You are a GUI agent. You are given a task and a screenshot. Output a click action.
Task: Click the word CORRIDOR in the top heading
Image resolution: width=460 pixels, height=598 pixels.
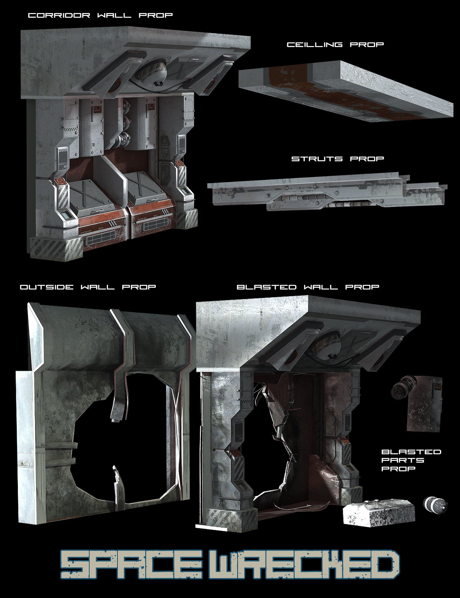(x=59, y=15)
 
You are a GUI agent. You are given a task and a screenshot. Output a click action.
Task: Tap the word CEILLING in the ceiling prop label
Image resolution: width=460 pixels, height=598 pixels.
(x=315, y=45)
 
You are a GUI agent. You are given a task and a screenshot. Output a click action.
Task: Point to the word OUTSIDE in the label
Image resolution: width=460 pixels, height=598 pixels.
(x=46, y=287)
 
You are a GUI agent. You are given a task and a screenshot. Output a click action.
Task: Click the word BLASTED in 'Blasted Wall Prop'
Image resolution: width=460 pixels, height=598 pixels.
(x=266, y=287)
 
